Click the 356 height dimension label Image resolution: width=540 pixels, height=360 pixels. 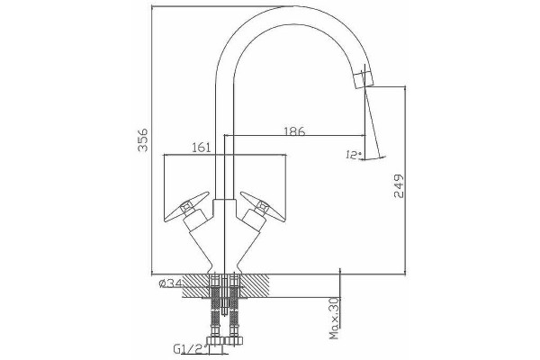pyautogui.click(x=142, y=139)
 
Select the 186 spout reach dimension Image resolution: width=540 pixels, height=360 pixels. pyautogui.click(x=294, y=130)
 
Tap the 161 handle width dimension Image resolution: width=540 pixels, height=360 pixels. pyautogui.click(x=201, y=148)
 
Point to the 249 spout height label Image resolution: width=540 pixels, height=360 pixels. pyautogui.click(x=399, y=186)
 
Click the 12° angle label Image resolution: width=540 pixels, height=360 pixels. pyautogui.click(x=353, y=155)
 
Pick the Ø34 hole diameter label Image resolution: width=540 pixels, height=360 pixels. pyautogui.click(x=170, y=283)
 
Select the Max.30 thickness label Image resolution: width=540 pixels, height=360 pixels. pyautogui.click(x=335, y=318)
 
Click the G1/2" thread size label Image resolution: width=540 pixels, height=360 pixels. pyautogui.click(x=191, y=349)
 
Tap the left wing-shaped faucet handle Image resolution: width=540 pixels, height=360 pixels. pyautogui.click(x=186, y=207)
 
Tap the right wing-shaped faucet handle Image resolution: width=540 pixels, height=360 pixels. pyautogui.click(x=263, y=207)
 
